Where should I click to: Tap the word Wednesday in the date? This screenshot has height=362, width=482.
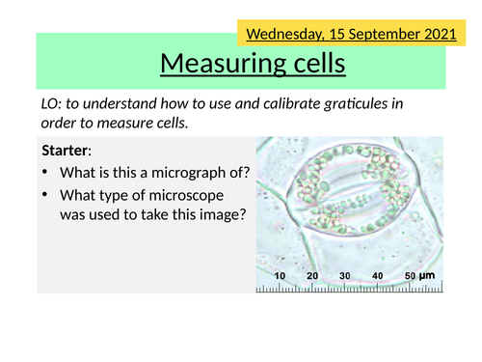click(x=281, y=34)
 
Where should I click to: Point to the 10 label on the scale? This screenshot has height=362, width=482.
click(x=281, y=276)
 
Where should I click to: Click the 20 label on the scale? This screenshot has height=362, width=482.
click(x=313, y=276)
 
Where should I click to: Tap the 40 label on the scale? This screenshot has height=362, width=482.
click(x=378, y=276)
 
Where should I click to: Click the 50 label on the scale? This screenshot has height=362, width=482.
click(x=409, y=276)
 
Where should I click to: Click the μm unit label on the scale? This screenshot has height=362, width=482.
click(x=428, y=276)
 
